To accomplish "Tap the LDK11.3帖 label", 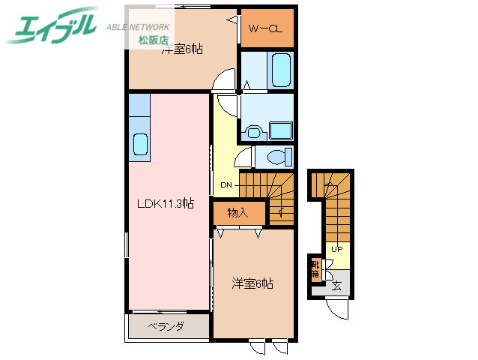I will (165, 203).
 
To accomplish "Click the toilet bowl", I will (279, 157).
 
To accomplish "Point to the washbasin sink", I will (253, 133).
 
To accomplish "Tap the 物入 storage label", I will (238, 213).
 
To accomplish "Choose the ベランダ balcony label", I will (166, 326).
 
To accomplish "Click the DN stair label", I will (226, 184).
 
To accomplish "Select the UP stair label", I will (337, 250).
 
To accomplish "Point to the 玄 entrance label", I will (337, 285).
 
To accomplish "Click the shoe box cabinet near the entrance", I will (315, 269).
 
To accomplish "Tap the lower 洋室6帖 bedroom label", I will (252, 283).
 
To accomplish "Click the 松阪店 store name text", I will (153, 40).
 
